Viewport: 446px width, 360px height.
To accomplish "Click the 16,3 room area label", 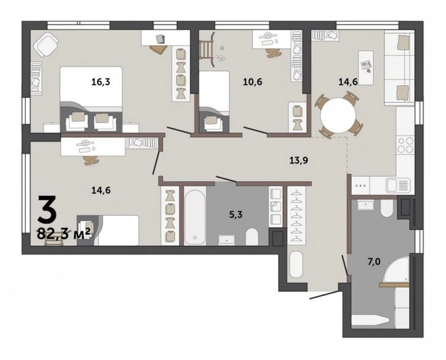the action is click(x=101, y=82).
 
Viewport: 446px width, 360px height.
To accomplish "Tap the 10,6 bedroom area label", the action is click(x=253, y=82).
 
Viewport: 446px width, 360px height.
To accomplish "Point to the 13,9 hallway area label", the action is click(x=298, y=161).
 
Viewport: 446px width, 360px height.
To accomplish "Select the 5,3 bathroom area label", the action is click(x=236, y=214).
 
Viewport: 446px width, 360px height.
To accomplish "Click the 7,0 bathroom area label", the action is click(x=374, y=261).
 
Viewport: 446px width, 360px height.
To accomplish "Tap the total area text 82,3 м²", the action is click(x=64, y=234).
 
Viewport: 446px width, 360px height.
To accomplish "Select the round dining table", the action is click(x=338, y=115).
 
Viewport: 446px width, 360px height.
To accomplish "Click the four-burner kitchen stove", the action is click(x=405, y=145).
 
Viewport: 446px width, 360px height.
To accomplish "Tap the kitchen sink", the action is click(x=398, y=185).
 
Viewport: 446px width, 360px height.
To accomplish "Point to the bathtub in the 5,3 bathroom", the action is click(x=195, y=216).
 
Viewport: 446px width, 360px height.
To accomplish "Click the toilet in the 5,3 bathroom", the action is click(x=252, y=236).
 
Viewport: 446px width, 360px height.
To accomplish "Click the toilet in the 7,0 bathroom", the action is click(x=387, y=208).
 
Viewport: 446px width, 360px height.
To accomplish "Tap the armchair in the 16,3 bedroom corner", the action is click(x=46, y=45).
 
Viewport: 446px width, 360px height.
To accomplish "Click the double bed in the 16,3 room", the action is click(x=91, y=99).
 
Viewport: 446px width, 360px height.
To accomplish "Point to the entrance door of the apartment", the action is click(x=324, y=295).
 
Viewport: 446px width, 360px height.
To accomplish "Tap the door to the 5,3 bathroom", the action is click(x=226, y=179).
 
